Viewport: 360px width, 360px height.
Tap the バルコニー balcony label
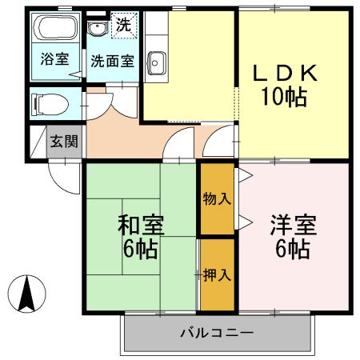tap(216, 332)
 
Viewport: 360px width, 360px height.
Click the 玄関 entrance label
tap(64, 142)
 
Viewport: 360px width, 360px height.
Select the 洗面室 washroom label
tap(111, 60)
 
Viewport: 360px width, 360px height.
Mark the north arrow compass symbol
tap(27, 294)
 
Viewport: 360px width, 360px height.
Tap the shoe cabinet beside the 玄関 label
tap(38, 142)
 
